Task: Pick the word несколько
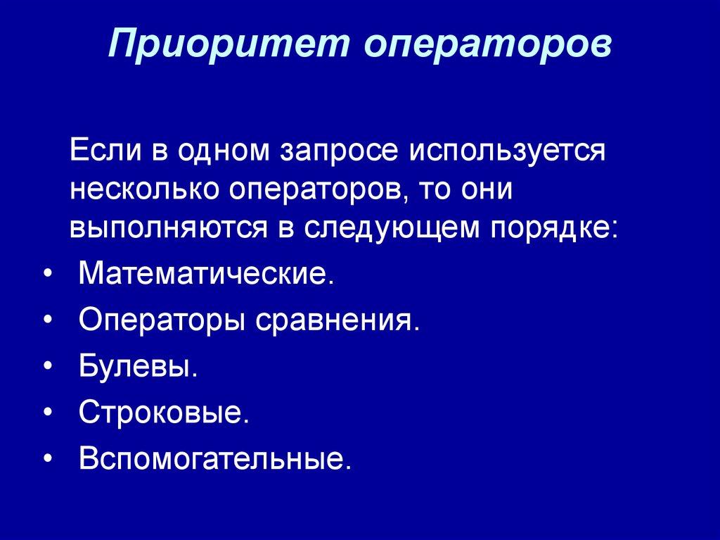[143, 190]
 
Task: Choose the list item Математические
[204, 272]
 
